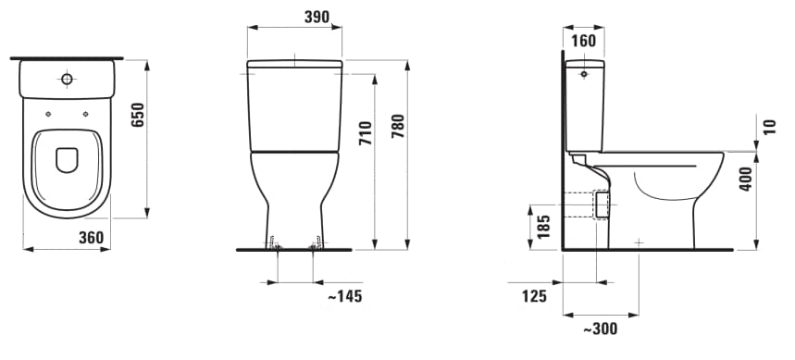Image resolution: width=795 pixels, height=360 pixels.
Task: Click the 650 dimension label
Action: [139, 115]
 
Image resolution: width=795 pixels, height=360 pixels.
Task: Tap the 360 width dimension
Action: [92, 237]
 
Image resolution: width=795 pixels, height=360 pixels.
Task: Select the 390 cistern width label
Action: [317, 17]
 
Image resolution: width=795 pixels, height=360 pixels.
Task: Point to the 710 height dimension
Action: [366, 133]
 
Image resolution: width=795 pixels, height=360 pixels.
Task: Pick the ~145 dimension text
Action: [345, 296]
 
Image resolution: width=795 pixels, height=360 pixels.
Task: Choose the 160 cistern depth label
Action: [584, 41]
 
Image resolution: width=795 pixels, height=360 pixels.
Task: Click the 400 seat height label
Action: [746, 179]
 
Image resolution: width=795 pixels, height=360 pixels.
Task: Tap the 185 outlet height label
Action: [543, 227]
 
